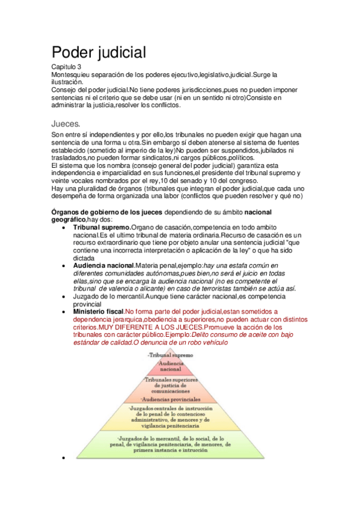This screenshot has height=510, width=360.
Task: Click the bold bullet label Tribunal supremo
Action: pos(100,227)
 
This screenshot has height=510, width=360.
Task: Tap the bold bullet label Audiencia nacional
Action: pos(103,265)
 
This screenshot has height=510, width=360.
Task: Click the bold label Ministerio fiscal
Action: pos(98,311)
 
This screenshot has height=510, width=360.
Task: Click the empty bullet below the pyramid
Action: pos(64,458)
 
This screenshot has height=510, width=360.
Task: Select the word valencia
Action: pos(133,288)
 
